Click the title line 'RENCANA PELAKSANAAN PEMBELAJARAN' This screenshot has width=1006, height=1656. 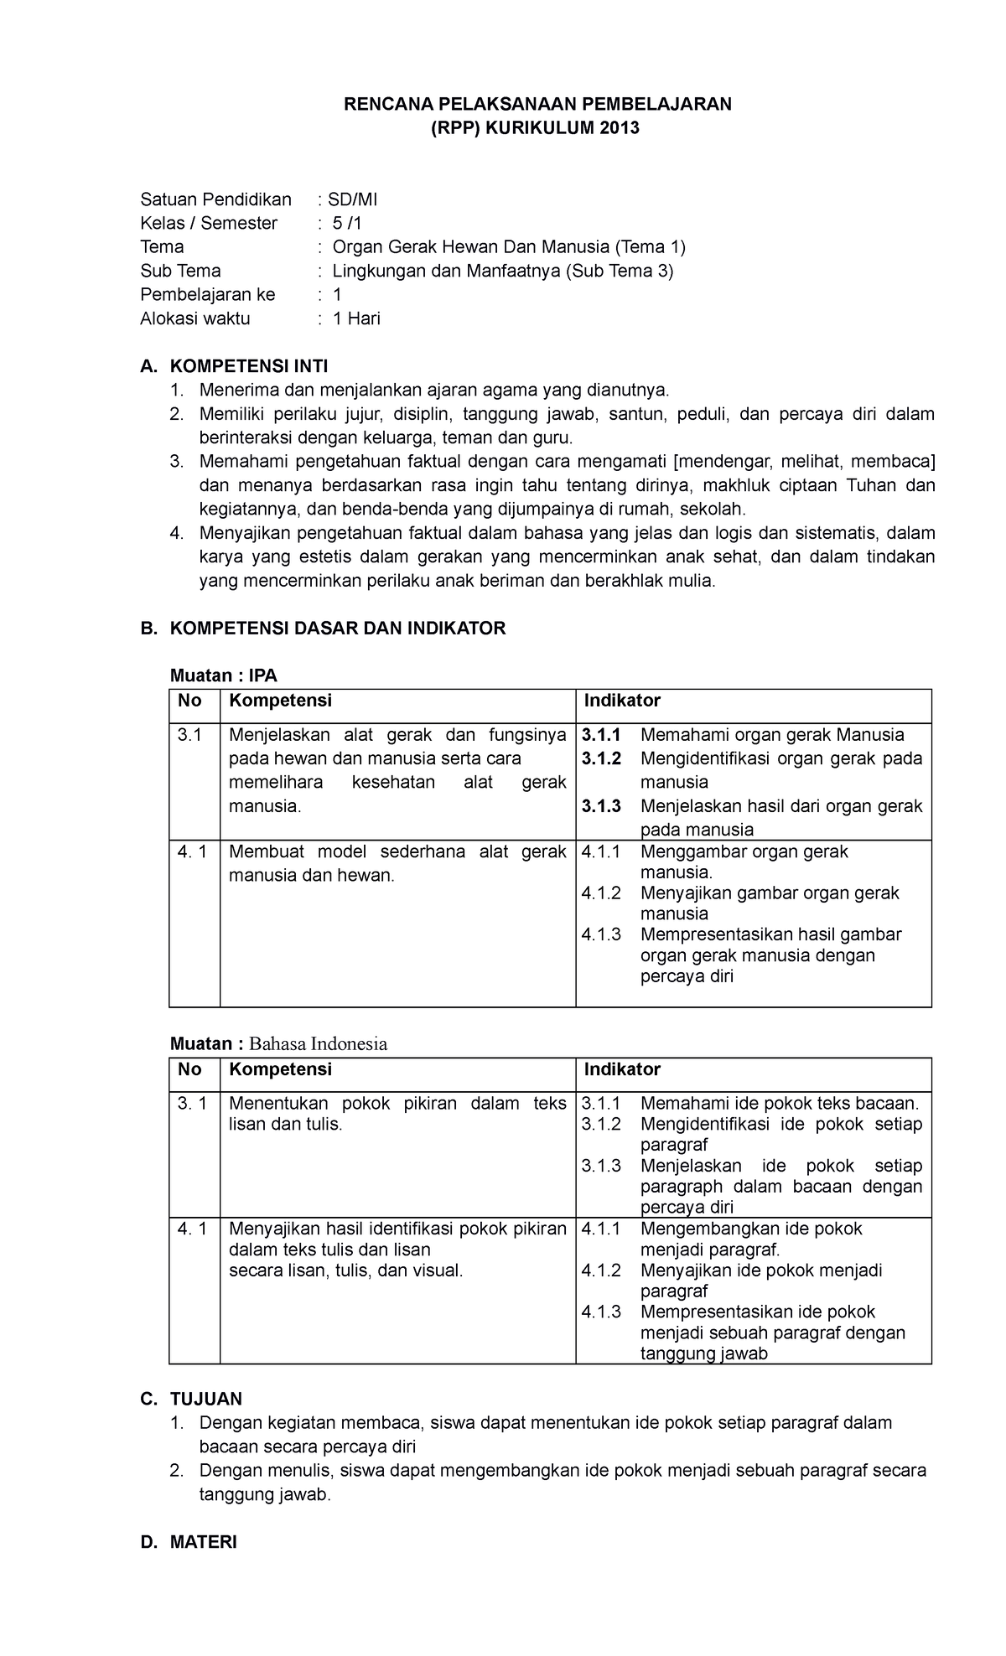[539, 104]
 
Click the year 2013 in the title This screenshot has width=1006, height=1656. [619, 128]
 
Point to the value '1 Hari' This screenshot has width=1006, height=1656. [356, 318]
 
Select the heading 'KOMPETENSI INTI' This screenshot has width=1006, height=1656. [249, 366]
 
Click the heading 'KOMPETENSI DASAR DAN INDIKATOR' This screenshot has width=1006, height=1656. [337, 629]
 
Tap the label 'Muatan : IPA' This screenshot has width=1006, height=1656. [223, 675]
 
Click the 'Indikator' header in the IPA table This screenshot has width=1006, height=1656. [622, 701]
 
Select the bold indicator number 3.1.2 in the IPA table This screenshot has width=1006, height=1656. [601, 759]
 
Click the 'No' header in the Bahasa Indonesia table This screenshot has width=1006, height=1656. [189, 1069]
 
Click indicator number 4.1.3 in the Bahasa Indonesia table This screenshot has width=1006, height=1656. [601, 1312]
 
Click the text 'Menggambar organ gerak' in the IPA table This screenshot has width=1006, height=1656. [744, 852]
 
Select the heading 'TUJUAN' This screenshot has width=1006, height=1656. [205, 1399]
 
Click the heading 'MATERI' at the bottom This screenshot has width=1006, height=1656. [203, 1542]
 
